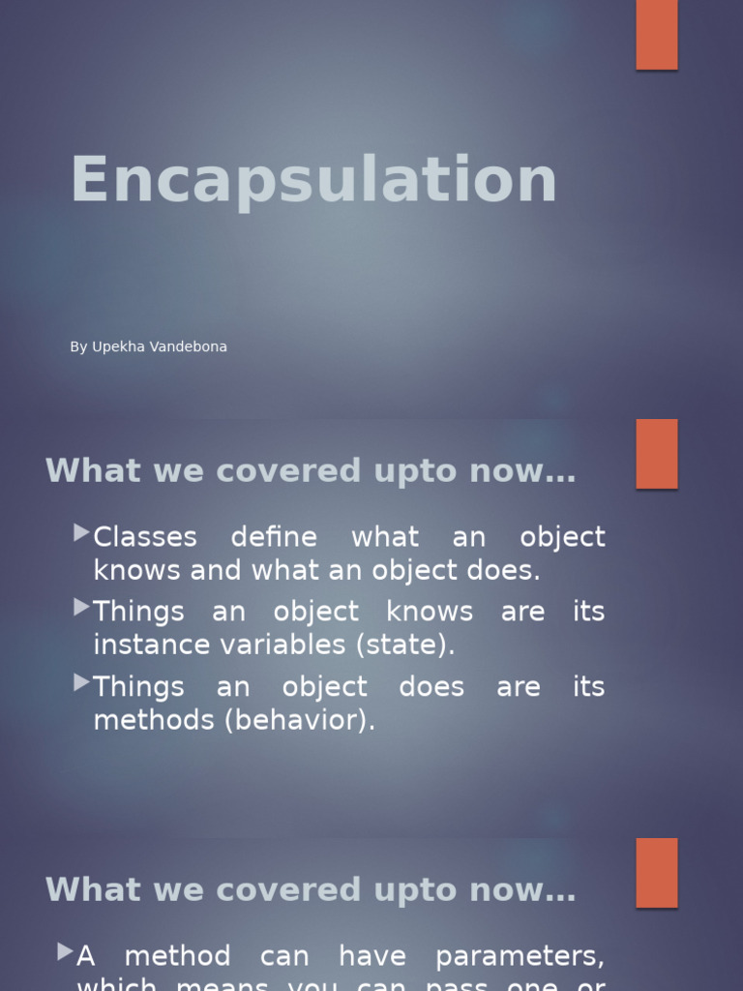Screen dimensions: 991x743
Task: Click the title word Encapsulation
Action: (x=313, y=181)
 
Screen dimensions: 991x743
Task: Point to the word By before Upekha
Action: (x=78, y=346)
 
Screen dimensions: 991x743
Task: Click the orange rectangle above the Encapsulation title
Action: (x=657, y=34)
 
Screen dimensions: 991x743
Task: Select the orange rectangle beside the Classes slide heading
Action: (x=657, y=453)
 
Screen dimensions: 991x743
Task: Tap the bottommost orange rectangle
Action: (x=657, y=872)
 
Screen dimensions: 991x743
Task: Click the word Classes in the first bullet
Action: (x=145, y=537)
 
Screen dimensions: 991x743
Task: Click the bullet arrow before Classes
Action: (x=81, y=532)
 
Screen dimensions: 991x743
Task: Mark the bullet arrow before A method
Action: (x=65, y=951)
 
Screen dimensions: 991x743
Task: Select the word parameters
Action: (x=520, y=957)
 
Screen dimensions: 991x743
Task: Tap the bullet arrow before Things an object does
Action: (x=81, y=682)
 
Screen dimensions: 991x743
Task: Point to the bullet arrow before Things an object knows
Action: (x=81, y=607)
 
